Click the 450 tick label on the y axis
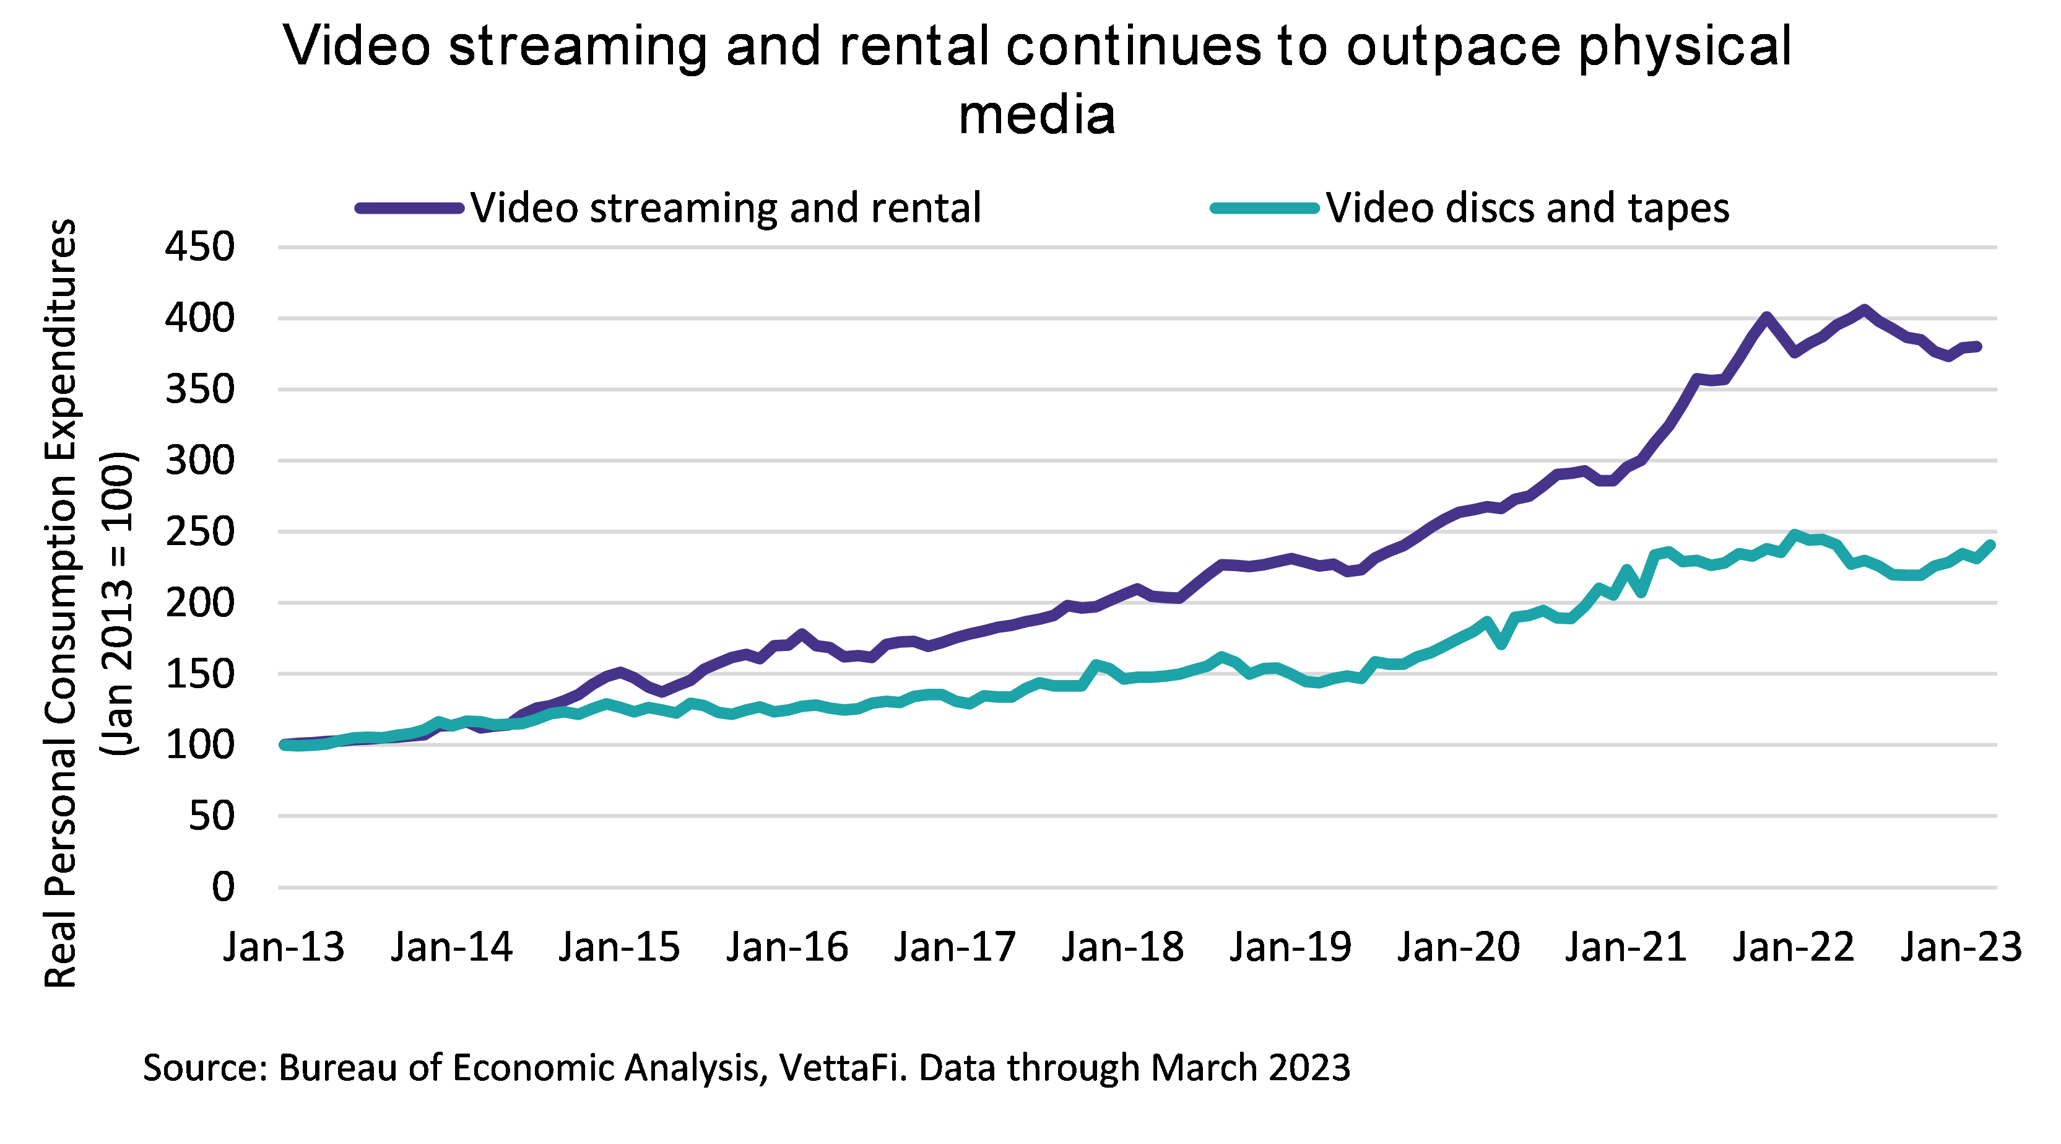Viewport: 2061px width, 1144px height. pyautogui.click(x=199, y=247)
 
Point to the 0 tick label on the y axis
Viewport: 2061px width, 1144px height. pyautogui.click(x=223, y=887)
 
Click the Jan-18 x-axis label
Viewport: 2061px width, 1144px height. pyautogui.click(x=1122, y=947)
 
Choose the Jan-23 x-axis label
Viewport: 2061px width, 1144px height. pyautogui.click(x=1961, y=947)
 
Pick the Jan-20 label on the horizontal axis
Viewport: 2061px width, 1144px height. pyautogui.click(x=1459, y=947)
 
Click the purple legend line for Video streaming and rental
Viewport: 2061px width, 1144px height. pyautogui.click(x=410, y=208)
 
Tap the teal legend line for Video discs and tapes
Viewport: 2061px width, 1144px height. pyautogui.click(x=1264, y=208)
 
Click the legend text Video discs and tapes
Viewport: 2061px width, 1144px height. pyautogui.click(x=1527, y=208)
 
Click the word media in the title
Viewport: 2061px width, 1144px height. pyautogui.click(x=1036, y=115)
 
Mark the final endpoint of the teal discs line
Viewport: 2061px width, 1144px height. pyautogui.click(x=1990, y=545)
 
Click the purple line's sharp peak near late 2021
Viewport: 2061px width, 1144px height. pyautogui.click(x=1766, y=317)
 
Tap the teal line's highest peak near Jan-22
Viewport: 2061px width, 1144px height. pyautogui.click(x=1795, y=534)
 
